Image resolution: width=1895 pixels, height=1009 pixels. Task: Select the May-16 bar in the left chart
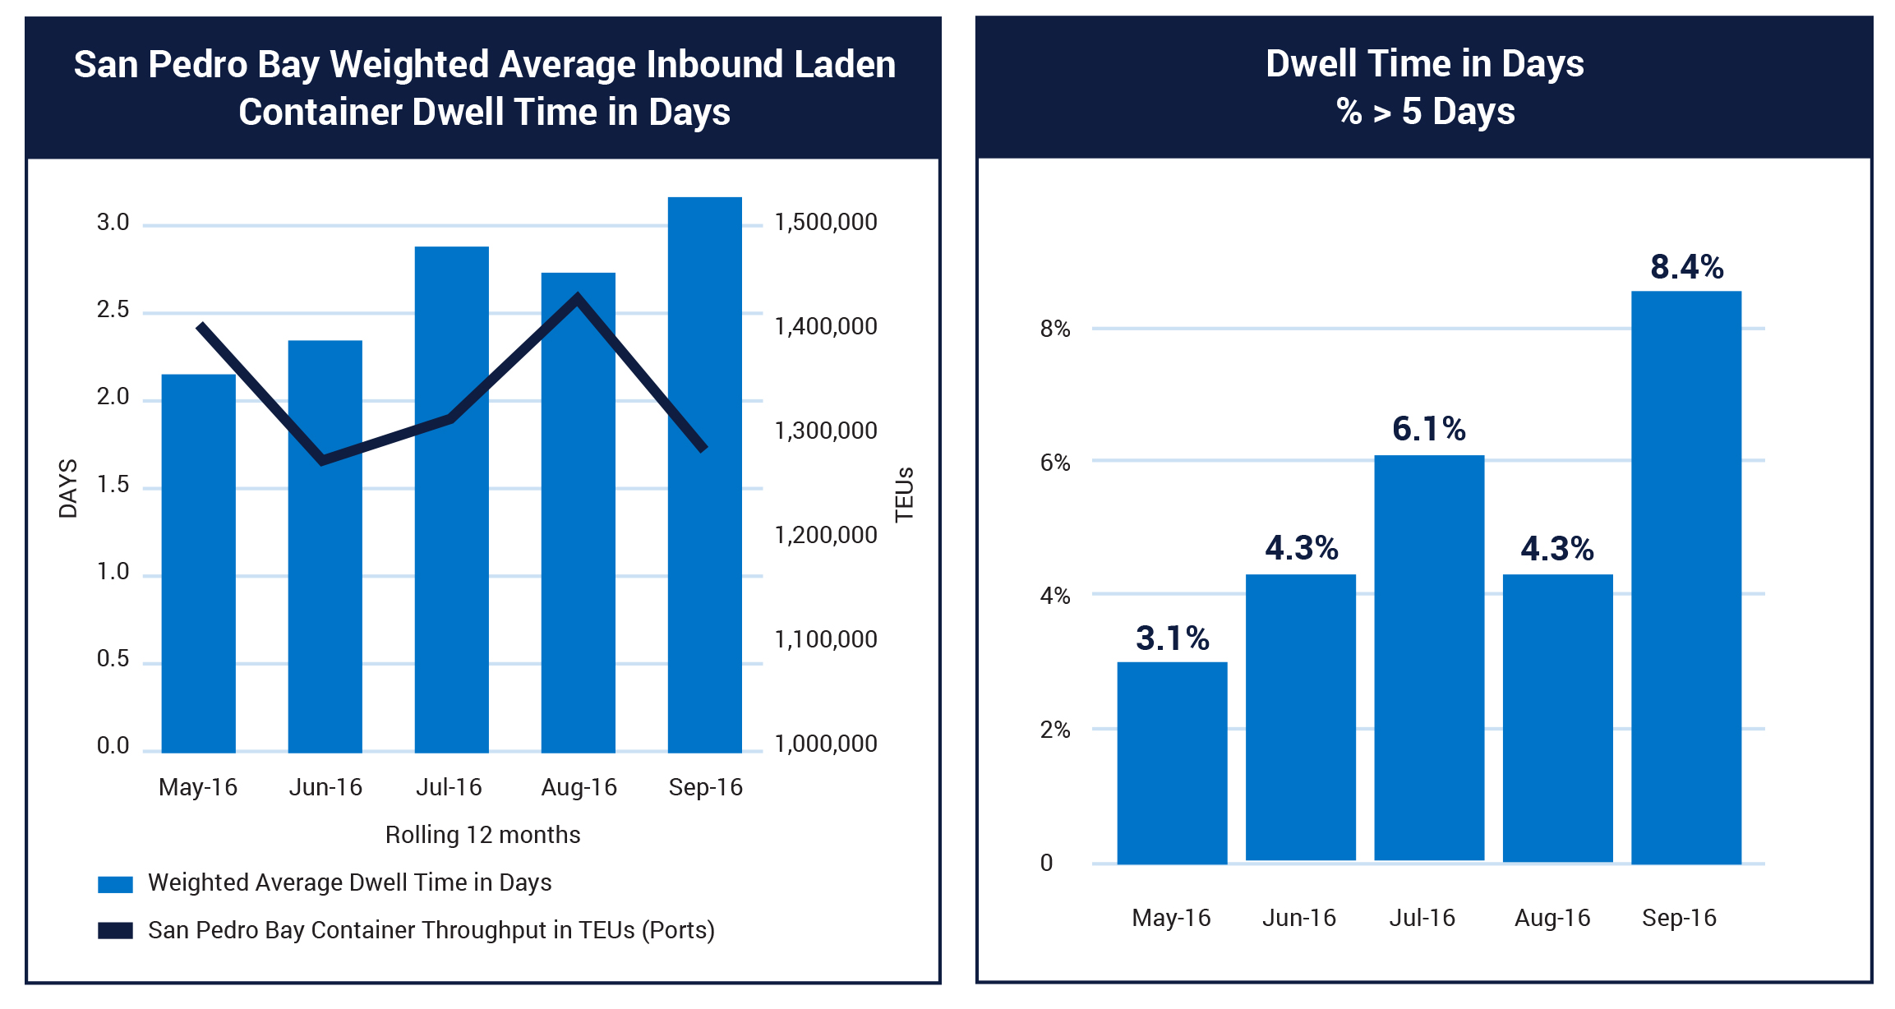point(198,575)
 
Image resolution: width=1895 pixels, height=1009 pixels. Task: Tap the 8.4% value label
point(1686,267)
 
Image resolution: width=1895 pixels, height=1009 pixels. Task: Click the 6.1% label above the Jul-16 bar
point(1428,429)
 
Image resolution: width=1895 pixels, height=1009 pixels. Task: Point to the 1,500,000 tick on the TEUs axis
point(825,222)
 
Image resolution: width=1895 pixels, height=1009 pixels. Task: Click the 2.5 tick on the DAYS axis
point(113,310)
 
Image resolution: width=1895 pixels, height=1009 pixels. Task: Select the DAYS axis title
point(68,488)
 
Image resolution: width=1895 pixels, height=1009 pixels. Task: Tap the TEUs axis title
point(904,494)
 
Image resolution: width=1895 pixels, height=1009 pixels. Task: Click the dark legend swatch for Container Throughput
point(115,930)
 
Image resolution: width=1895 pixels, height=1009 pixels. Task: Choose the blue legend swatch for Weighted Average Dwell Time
point(115,884)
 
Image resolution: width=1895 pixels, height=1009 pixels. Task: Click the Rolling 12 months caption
point(482,835)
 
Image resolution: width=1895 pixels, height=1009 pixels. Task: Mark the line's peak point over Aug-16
point(578,297)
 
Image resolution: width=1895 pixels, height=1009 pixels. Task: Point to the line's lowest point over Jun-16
point(323,459)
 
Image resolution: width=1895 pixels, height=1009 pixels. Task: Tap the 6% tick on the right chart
point(1054,463)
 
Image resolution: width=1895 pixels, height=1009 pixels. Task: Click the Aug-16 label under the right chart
point(1552,918)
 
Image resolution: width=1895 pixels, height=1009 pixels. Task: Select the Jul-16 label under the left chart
point(449,787)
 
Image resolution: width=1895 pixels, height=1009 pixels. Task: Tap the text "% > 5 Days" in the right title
point(1424,111)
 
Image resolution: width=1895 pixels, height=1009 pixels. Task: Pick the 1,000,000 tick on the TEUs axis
point(825,744)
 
